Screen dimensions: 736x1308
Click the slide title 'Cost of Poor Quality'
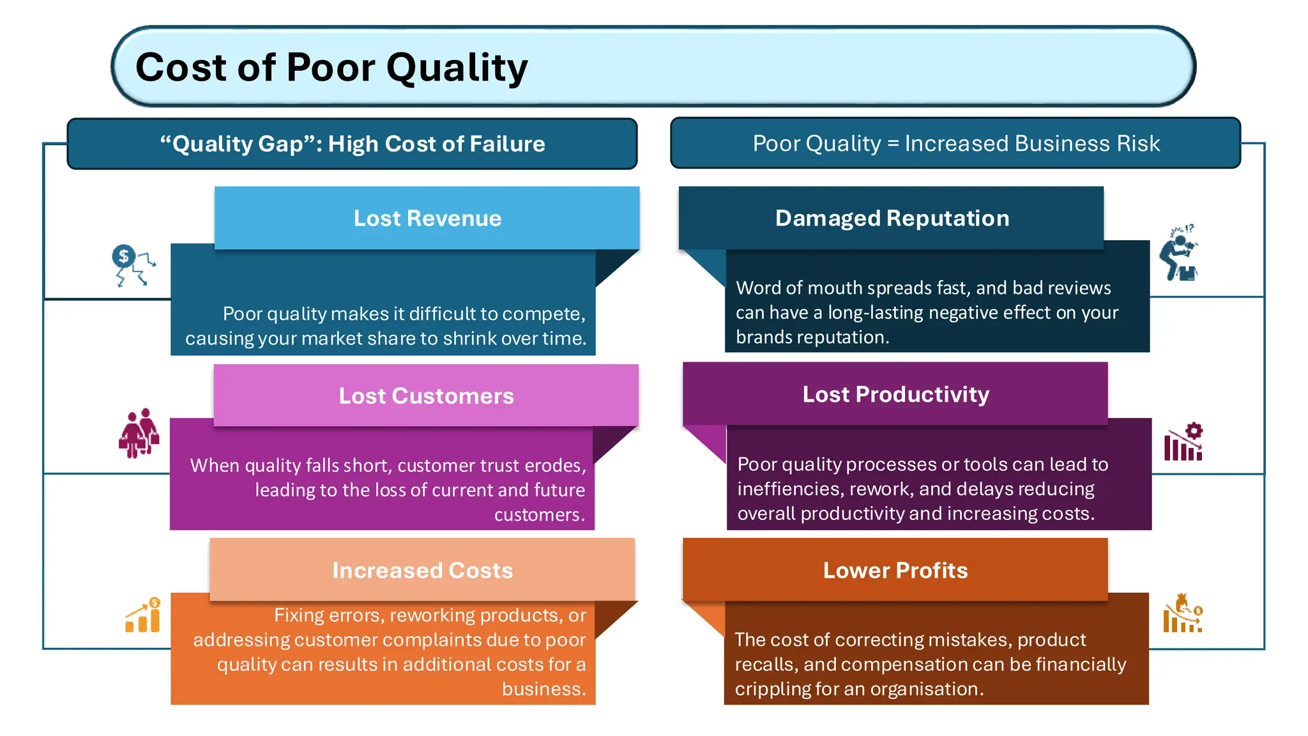click(331, 67)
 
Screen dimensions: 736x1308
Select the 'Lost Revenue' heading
click(427, 218)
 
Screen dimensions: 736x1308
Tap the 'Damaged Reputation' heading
click(892, 218)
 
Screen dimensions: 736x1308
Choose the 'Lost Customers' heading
click(426, 396)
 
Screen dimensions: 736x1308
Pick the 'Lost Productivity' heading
click(895, 394)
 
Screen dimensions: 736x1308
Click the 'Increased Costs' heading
click(422, 571)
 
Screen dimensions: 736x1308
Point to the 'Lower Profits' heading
click(895, 571)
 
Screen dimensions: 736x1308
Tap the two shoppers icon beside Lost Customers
click(139, 433)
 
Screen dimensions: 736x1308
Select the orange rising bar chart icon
click(143, 615)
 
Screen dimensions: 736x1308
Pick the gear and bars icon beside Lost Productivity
click(1183, 441)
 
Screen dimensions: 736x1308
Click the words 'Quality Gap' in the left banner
click(238, 144)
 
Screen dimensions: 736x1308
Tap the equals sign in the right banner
click(892, 144)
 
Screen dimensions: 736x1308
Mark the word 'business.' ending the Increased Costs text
click(543, 689)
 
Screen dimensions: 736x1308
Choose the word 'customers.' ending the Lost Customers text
click(539, 515)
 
